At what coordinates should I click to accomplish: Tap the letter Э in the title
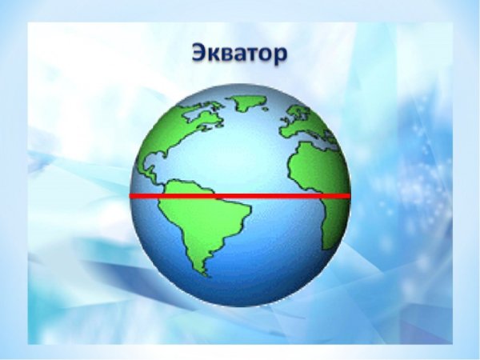pos(200,54)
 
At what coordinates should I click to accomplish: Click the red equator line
pos(240,195)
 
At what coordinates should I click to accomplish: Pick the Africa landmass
pos(316,172)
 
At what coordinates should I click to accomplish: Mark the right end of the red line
pos(349,195)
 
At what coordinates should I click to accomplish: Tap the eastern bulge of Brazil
pos(245,211)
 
